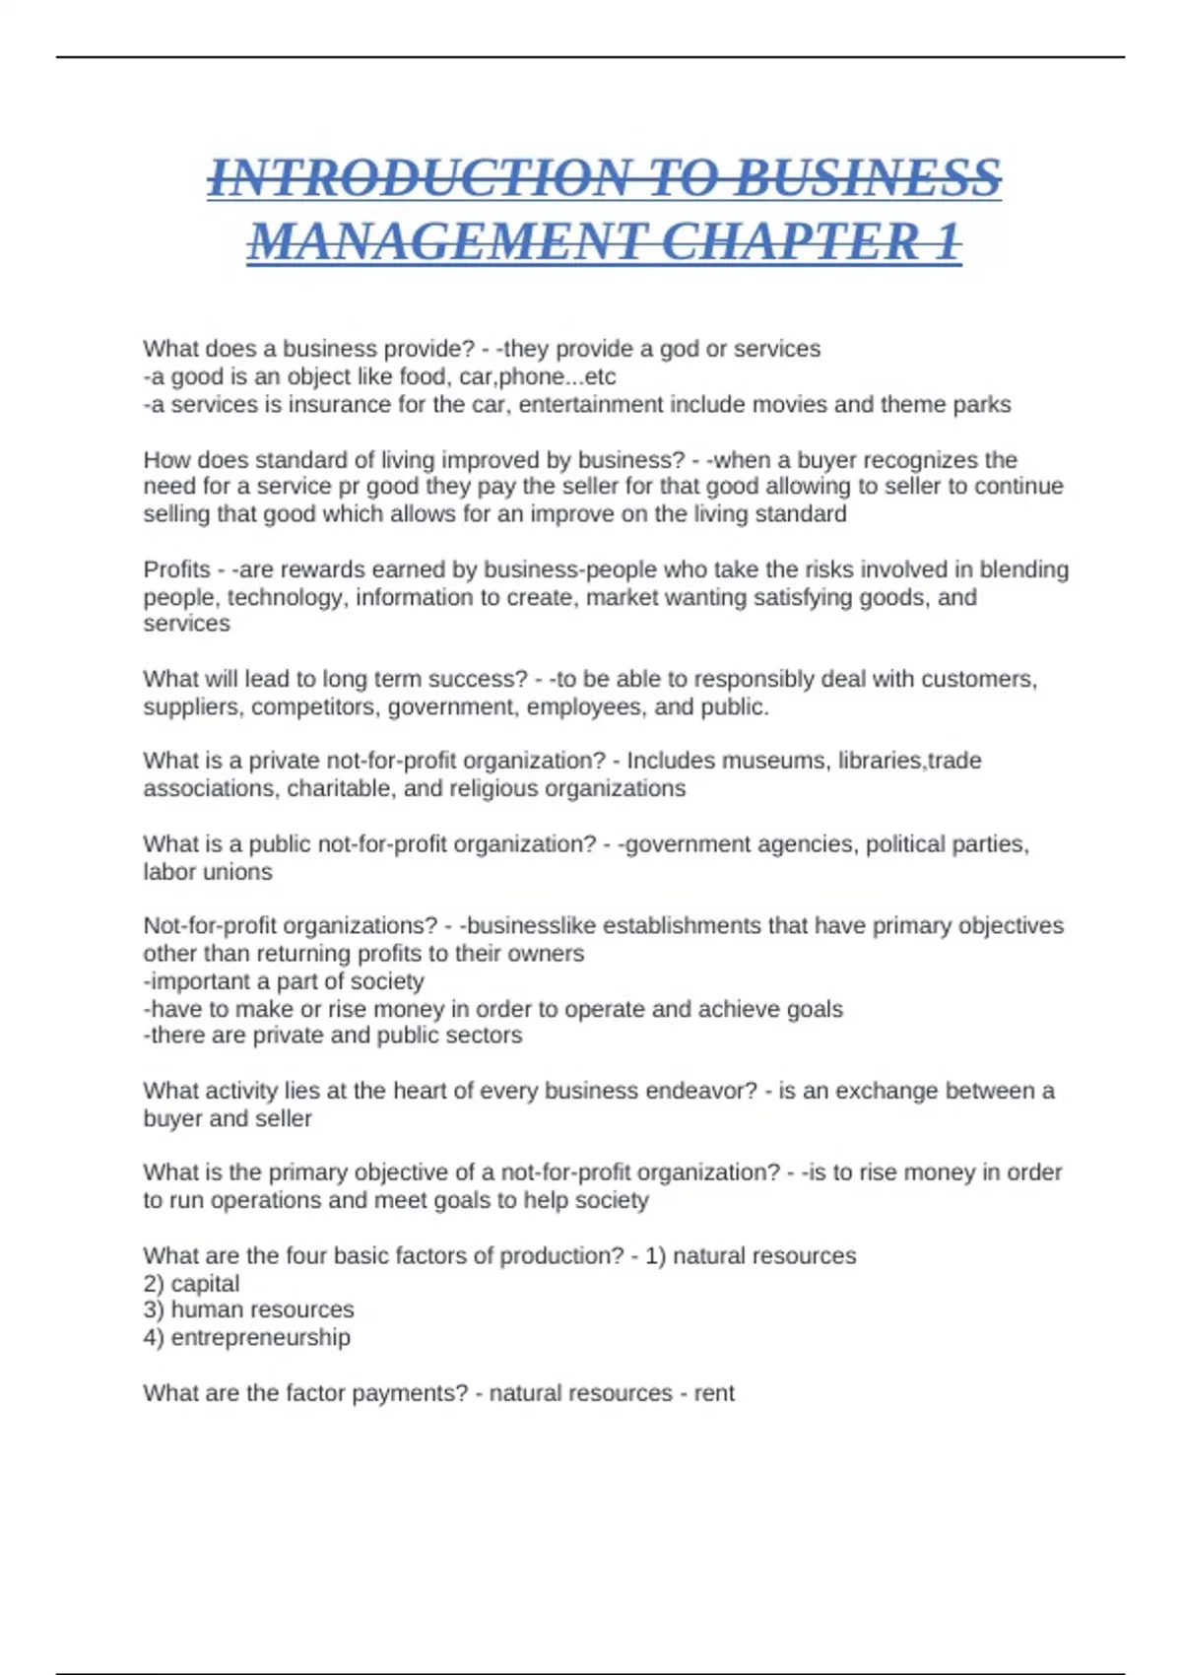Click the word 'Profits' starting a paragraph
pos(177,569)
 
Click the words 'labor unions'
pos(208,872)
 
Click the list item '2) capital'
pos(191,1284)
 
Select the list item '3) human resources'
pos(248,1309)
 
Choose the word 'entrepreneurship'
pos(260,1337)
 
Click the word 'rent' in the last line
pos(714,1393)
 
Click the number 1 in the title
pos(947,242)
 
